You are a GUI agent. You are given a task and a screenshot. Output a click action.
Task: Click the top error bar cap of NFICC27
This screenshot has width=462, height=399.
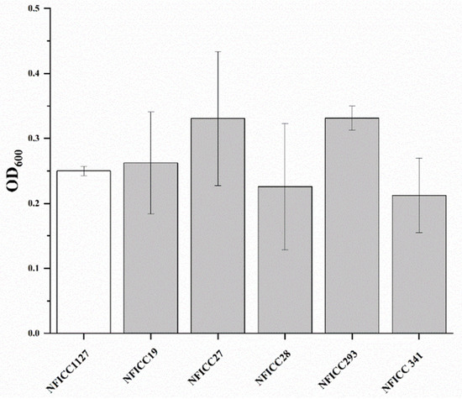(218, 52)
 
